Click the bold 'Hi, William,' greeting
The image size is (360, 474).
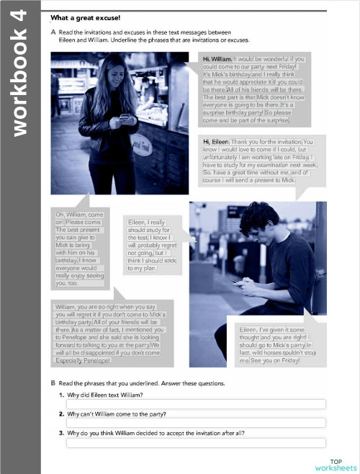[x=217, y=58]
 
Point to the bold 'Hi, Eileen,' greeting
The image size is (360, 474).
[x=217, y=142]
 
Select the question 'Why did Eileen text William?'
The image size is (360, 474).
[x=105, y=395]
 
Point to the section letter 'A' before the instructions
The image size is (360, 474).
[x=53, y=32]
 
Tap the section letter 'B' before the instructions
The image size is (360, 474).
[x=53, y=383]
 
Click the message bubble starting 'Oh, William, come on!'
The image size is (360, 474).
[x=80, y=248]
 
